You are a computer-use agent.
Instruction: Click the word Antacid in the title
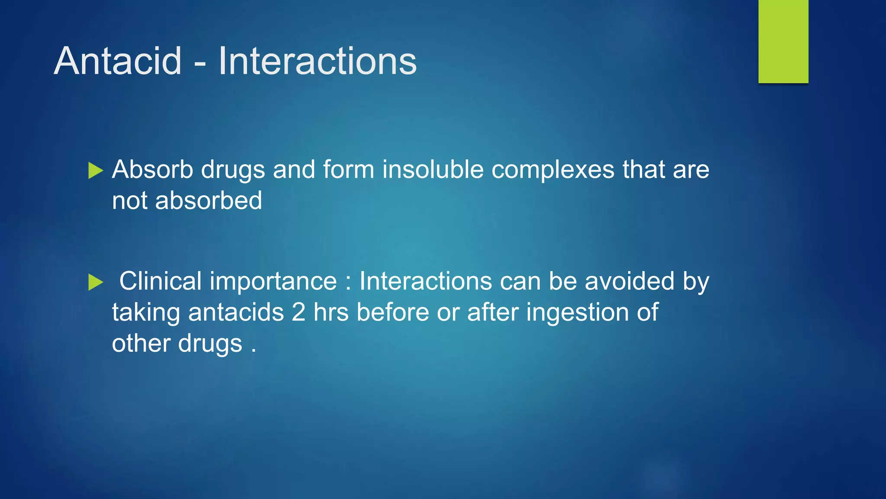coord(118,61)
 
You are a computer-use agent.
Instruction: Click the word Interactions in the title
coord(317,61)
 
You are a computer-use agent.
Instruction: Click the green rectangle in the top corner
coord(783,41)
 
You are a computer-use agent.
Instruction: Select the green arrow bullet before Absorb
coord(96,170)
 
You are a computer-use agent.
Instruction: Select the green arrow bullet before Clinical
coord(96,282)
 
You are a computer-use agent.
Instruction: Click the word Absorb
coord(152,169)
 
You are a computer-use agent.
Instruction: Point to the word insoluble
coord(433,169)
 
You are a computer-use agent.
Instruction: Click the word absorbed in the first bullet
coord(209,201)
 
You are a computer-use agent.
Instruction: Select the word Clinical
coord(160,281)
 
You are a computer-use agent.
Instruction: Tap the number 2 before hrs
coord(299,312)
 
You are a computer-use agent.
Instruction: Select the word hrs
coord(331,312)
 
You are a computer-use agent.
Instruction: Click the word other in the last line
coord(141,343)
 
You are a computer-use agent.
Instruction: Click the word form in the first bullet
coord(348,169)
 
